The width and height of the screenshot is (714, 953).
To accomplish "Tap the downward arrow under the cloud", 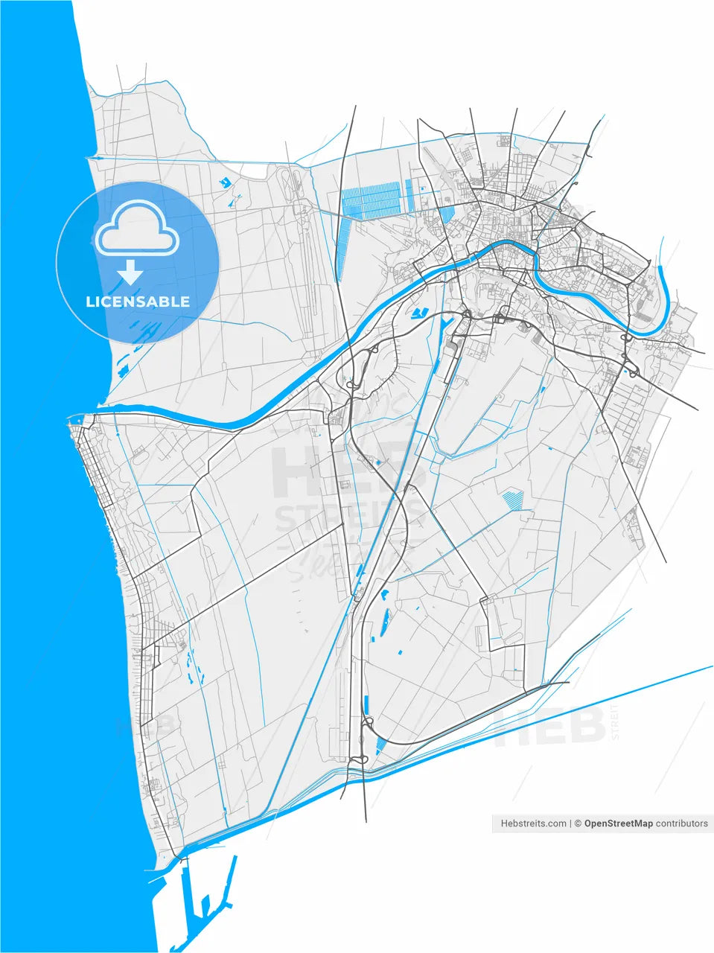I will tap(131, 273).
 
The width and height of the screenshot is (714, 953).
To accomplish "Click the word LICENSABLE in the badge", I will tap(138, 302).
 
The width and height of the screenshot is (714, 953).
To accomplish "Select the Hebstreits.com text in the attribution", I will tap(534, 823).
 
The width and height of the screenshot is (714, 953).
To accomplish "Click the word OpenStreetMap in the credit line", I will tap(618, 823).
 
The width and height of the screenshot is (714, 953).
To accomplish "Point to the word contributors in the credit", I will tap(682, 823).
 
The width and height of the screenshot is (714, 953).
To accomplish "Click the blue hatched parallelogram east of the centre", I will tap(511, 500).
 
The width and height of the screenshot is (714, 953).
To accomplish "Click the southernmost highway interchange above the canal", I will tap(360, 759).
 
